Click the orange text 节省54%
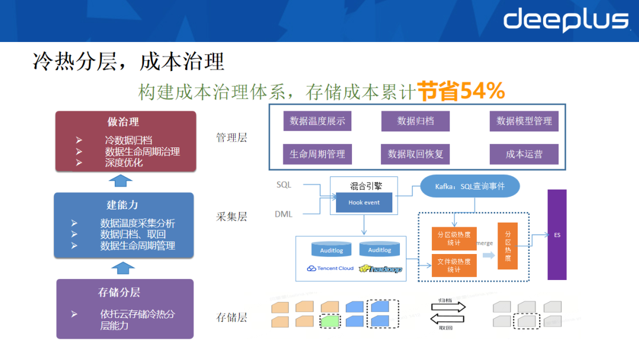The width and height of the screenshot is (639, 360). pyautogui.click(x=461, y=91)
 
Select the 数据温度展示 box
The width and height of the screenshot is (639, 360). pyautogui.click(x=317, y=121)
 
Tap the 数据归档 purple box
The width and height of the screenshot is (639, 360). pyautogui.click(x=415, y=121)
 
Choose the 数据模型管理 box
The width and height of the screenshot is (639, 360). pyautogui.click(x=524, y=121)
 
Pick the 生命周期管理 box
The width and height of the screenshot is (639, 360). pyautogui.click(x=317, y=154)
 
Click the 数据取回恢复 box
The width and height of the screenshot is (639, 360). pyautogui.click(x=415, y=154)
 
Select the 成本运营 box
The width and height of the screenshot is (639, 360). pyautogui.click(x=524, y=154)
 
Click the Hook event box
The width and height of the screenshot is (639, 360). pyautogui.click(x=364, y=202)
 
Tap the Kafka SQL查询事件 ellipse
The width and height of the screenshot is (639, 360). pyautogui.click(x=470, y=186)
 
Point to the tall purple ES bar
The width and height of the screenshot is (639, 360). pyautogui.click(x=557, y=234)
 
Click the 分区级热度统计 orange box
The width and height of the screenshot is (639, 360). pyautogui.click(x=454, y=239)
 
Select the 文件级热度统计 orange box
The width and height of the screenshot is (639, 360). pyautogui.click(x=454, y=265)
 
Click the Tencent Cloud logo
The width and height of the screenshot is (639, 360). pyautogui.click(x=330, y=268)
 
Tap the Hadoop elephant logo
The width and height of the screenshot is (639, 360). pyautogui.click(x=385, y=269)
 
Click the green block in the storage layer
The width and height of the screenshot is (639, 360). pyautogui.click(x=330, y=321)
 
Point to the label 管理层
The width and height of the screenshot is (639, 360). pyautogui.click(x=231, y=138)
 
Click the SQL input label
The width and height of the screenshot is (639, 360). pyautogui.click(x=284, y=185)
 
